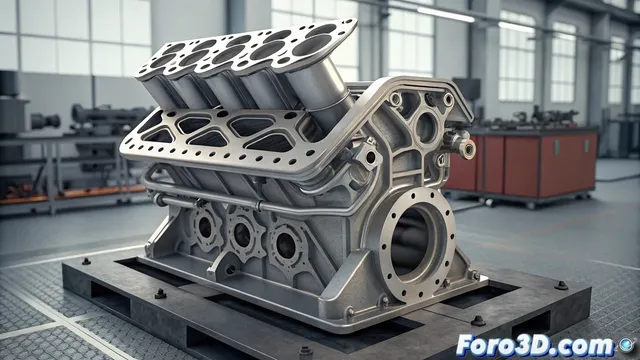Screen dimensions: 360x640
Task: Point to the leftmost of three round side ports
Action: (204, 227)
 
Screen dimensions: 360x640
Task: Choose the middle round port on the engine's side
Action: (243, 235)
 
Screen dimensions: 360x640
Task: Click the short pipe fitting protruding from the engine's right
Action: (464, 147)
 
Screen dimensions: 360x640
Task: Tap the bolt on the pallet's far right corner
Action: (561, 285)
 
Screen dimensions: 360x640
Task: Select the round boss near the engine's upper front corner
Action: (426, 126)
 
